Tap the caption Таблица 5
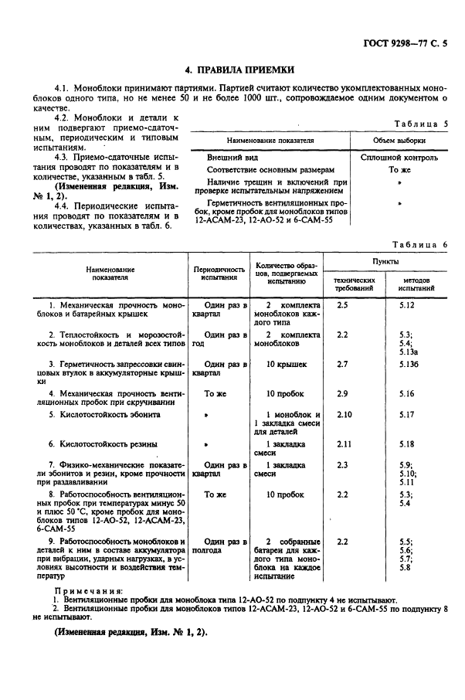tap(420, 124)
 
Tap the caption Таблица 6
tap(420, 245)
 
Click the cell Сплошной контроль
tap(399, 157)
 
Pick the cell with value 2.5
tap(343, 306)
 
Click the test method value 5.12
tap(407, 306)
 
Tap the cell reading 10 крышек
tap(287, 364)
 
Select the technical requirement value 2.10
tap(345, 415)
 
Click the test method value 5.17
tap(407, 415)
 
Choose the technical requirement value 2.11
tap(345, 444)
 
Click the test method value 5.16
tap(407, 393)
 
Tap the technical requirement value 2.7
tap(343, 364)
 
